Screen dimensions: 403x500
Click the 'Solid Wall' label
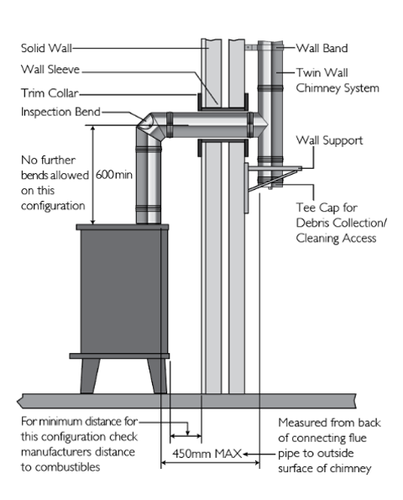tap(46, 48)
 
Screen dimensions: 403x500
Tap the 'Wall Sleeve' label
tap(50, 69)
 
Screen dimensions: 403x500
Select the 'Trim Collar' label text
tap(50, 93)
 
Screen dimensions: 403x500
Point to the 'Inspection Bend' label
tap(60, 112)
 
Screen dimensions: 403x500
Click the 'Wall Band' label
tap(322, 48)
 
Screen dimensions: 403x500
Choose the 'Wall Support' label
tap(329, 140)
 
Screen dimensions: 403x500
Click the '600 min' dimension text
tap(113, 175)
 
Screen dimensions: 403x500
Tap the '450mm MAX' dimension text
tap(207, 454)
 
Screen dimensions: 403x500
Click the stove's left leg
tap(90, 376)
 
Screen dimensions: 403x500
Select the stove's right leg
tap(157, 376)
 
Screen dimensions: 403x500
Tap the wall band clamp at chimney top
tap(251, 48)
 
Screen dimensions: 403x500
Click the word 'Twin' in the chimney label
tap(308, 73)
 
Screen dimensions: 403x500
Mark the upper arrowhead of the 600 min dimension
tap(93, 129)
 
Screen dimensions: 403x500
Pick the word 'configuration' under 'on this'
tap(53, 206)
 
